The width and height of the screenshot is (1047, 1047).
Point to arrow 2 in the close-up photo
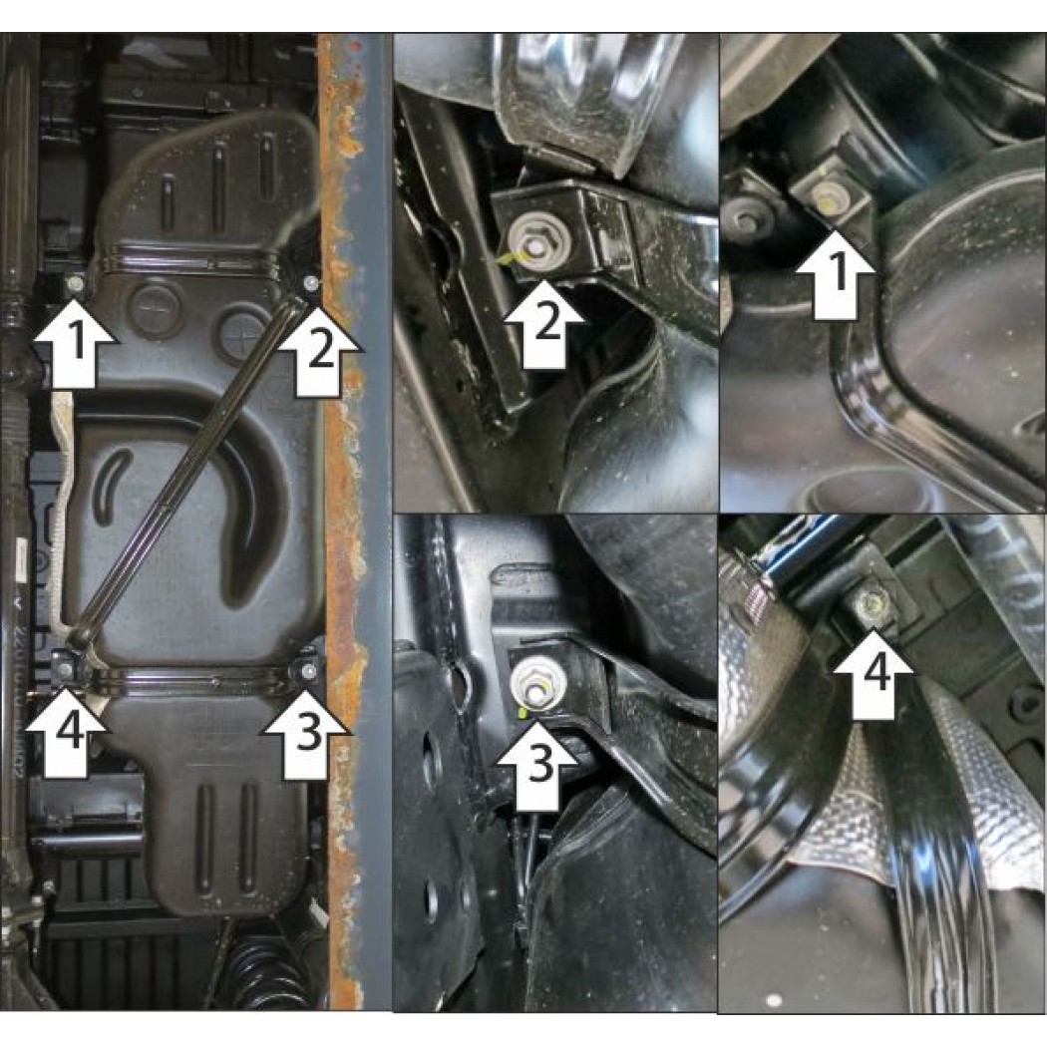544,324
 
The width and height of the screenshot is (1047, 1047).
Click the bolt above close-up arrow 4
872,605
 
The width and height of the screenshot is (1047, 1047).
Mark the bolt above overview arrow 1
75,284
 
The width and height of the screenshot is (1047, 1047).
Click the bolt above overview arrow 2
310,285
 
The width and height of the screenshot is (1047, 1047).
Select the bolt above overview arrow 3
309,670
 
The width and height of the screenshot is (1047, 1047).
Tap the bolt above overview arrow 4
66,669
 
